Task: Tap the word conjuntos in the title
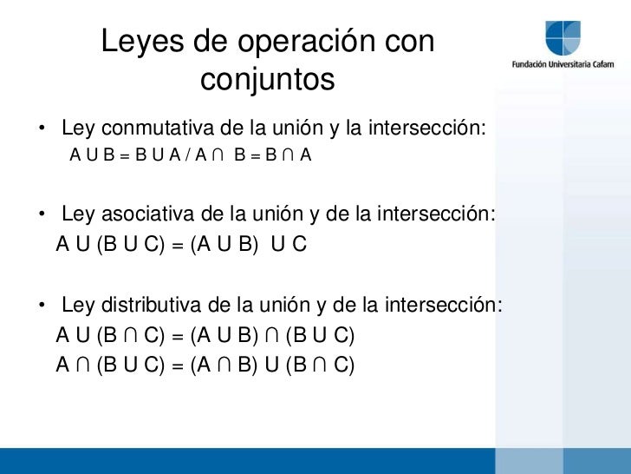pos(267,81)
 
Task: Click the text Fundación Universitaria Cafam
pos(563,65)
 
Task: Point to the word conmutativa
pos(150,130)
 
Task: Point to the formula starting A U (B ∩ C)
pos(205,335)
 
